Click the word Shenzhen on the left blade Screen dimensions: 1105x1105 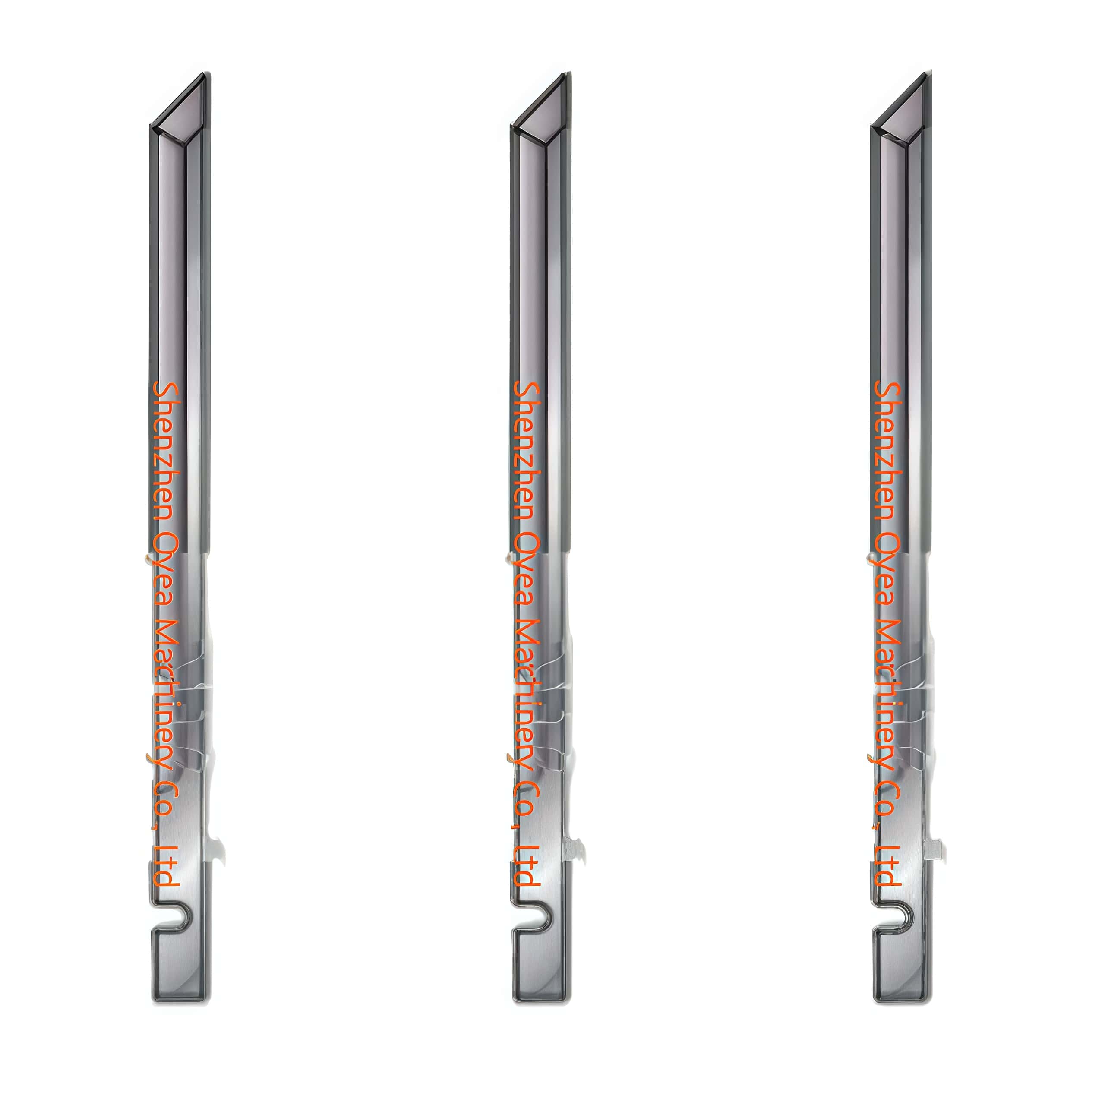click(167, 452)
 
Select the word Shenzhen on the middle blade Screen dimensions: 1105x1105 click(527, 452)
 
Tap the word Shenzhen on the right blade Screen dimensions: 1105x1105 click(888, 452)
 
